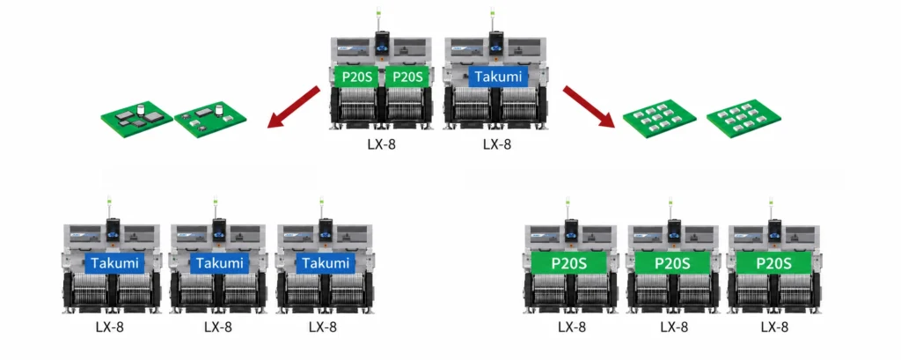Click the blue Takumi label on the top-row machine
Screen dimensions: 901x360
(498, 77)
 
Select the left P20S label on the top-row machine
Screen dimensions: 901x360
(356, 77)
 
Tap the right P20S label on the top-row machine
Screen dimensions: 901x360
(407, 77)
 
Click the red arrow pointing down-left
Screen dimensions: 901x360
(294, 107)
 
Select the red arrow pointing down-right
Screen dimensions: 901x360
(589, 107)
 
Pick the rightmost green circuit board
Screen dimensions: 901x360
(744, 114)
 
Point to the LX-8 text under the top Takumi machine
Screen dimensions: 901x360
(497, 144)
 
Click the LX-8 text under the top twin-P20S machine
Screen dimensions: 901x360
(382, 144)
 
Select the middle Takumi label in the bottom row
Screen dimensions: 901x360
(220, 263)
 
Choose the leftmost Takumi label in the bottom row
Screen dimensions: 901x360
(114, 263)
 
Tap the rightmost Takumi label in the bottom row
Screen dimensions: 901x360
(326, 263)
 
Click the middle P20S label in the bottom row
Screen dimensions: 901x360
(672, 263)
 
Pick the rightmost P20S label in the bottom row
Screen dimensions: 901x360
(773, 263)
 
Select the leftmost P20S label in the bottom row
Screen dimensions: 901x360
(569, 263)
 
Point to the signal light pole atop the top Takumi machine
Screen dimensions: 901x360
(493, 21)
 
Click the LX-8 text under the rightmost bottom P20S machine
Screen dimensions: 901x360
(774, 327)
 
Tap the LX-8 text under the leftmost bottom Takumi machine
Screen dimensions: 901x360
(110, 327)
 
